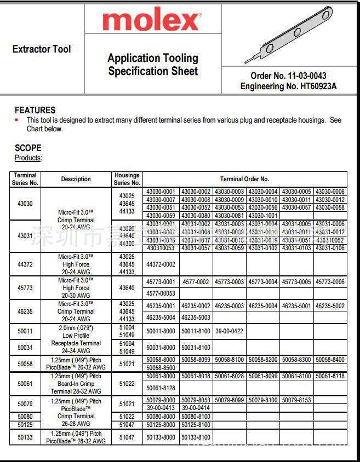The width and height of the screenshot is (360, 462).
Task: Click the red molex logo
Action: (152, 21)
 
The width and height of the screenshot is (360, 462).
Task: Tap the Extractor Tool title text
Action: (42, 49)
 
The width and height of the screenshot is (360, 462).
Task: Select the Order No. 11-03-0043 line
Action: (288, 76)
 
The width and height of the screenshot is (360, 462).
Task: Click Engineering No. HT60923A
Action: (288, 86)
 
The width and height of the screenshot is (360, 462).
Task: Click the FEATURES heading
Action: (35, 110)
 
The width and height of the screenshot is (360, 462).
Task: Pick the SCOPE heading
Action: (28, 148)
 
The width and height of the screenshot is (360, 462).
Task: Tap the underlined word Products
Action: (28, 158)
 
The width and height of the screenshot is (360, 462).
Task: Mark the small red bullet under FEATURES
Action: (16, 120)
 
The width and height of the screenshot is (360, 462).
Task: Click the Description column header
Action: (76, 179)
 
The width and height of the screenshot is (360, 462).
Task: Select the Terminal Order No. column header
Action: (244, 179)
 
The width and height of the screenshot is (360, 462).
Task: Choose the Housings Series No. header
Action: (127, 179)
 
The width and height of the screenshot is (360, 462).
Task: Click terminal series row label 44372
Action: (25, 264)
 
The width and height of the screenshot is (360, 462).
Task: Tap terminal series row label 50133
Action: (25, 437)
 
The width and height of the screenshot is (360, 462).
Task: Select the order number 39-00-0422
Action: (229, 331)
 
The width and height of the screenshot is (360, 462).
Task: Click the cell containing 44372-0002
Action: (161, 264)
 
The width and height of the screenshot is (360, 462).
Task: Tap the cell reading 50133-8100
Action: (196, 437)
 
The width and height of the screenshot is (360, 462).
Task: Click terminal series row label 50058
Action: (25, 363)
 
